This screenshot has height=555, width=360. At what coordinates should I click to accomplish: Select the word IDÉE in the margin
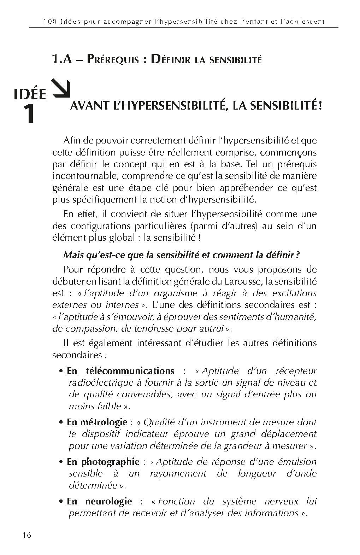[30, 95]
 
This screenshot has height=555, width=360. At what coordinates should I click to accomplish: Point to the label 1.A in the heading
[62, 59]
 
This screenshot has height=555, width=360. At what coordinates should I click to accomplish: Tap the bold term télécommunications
[130, 371]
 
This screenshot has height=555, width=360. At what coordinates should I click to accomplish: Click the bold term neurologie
[108, 501]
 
